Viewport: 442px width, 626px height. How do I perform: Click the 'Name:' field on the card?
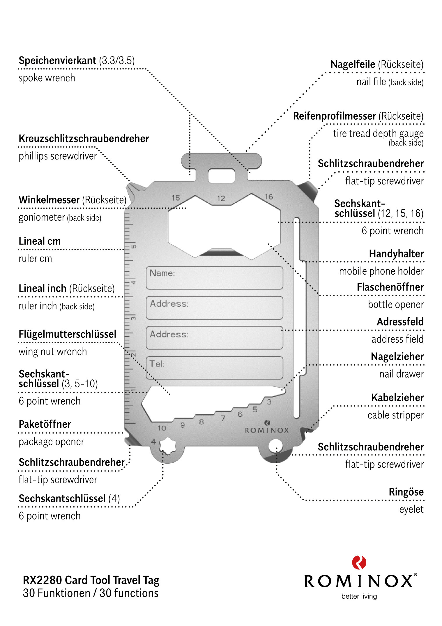[x=214, y=278]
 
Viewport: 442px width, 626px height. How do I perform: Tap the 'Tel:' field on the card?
[x=214, y=368]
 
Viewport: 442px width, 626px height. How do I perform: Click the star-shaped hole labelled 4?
[x=167, y=445]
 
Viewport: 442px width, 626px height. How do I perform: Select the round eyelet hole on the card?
[x=275, y=445]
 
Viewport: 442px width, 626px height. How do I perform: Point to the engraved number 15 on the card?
[x=176, y=198]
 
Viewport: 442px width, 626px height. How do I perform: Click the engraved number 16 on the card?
[x=269, y=197]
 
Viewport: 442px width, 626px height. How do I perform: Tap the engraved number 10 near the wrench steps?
[x=162, y=428]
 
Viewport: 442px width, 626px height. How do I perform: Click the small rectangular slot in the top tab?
[x=221, y=176]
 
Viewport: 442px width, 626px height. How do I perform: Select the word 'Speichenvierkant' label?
[x=57, y=61]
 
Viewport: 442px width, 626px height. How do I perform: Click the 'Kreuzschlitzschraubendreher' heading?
[x=84, y=139]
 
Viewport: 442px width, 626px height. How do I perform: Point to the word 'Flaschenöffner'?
[x=390, y=287]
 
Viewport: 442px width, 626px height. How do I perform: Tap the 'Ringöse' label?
[x=406, y=492]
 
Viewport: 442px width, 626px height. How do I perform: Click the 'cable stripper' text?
[x=395, y=415]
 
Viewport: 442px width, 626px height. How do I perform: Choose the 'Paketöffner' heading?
[x=45, y=424]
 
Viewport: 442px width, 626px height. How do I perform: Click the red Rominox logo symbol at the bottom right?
[x=359, y=562]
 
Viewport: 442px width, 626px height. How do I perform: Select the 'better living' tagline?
[x=359, y=596]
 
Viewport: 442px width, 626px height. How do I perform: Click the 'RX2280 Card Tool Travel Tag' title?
[x=91, y=580]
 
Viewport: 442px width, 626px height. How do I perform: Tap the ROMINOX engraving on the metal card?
[x=267, y=430]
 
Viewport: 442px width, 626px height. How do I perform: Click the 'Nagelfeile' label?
[x=353, y=64]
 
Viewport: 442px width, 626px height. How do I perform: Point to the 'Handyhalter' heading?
[x=396, y=254]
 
